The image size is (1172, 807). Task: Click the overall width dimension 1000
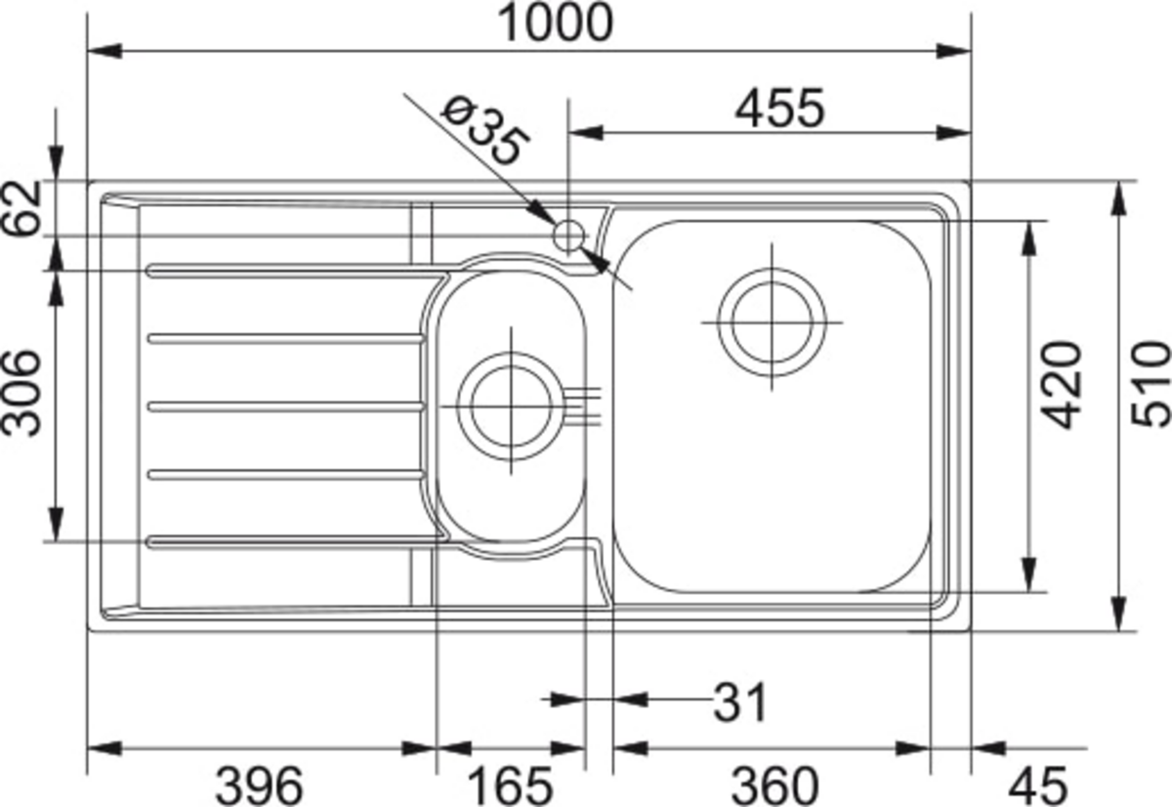pos(555,23)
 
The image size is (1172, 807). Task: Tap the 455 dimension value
pos(779,108)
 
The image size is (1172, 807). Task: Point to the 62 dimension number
pos(21,208)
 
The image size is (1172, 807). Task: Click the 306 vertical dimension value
pos(21,393)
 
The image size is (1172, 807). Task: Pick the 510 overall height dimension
pos(1151,384)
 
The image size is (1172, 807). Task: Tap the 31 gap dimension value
pos(740,702)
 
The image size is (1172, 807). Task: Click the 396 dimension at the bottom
pos(259,786)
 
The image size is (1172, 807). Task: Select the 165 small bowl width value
pos(510,786)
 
